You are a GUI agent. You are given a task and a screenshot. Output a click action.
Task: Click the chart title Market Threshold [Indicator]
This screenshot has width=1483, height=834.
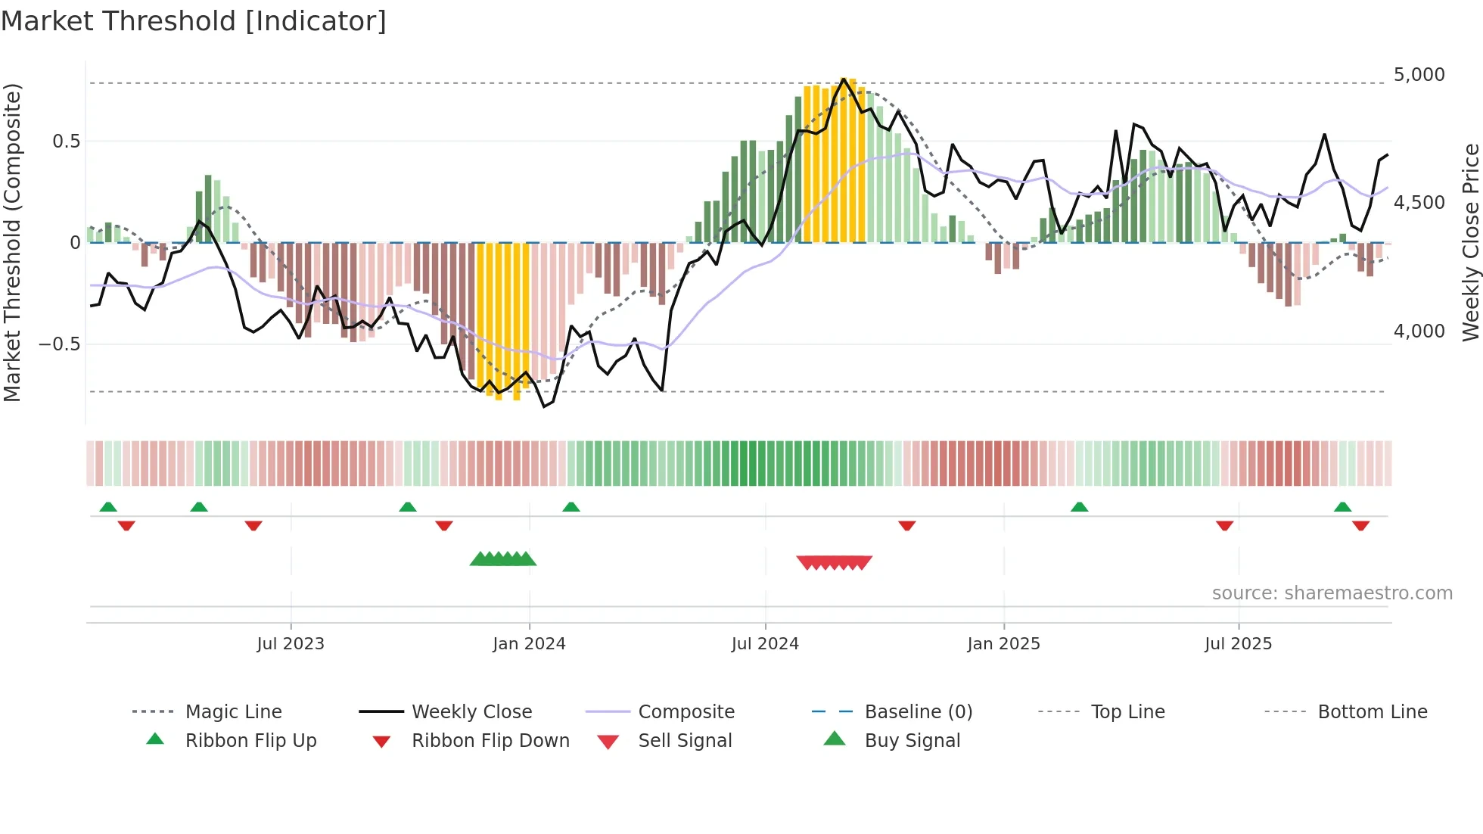(194, 21)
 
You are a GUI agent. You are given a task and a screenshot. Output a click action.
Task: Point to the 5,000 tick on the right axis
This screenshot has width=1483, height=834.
(1419, 75)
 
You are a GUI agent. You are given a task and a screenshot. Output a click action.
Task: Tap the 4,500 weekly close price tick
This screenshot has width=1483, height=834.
(1419, 203)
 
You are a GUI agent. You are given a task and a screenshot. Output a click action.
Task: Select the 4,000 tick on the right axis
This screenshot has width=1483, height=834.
(1419, 331)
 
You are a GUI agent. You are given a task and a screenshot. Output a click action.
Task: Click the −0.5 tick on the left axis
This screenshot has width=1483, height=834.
(60, 344)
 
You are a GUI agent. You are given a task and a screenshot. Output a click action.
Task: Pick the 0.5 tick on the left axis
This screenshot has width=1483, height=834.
(66, 142)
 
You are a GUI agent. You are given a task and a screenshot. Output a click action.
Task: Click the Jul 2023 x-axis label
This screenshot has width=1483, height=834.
(291, 644)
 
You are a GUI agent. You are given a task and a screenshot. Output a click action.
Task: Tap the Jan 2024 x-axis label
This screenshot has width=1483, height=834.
(529, 644)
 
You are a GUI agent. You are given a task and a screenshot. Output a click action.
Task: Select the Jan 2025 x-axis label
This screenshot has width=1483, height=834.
(1003, 644)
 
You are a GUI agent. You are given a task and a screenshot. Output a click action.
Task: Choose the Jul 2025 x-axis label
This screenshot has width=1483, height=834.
(1238, 644)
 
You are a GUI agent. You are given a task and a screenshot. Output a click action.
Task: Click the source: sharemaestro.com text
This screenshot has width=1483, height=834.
(1332, 593)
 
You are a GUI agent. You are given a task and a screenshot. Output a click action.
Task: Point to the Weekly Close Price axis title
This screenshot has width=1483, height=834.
(1470, 242)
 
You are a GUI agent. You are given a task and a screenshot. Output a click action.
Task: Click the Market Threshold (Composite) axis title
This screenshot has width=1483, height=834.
(13, 242)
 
